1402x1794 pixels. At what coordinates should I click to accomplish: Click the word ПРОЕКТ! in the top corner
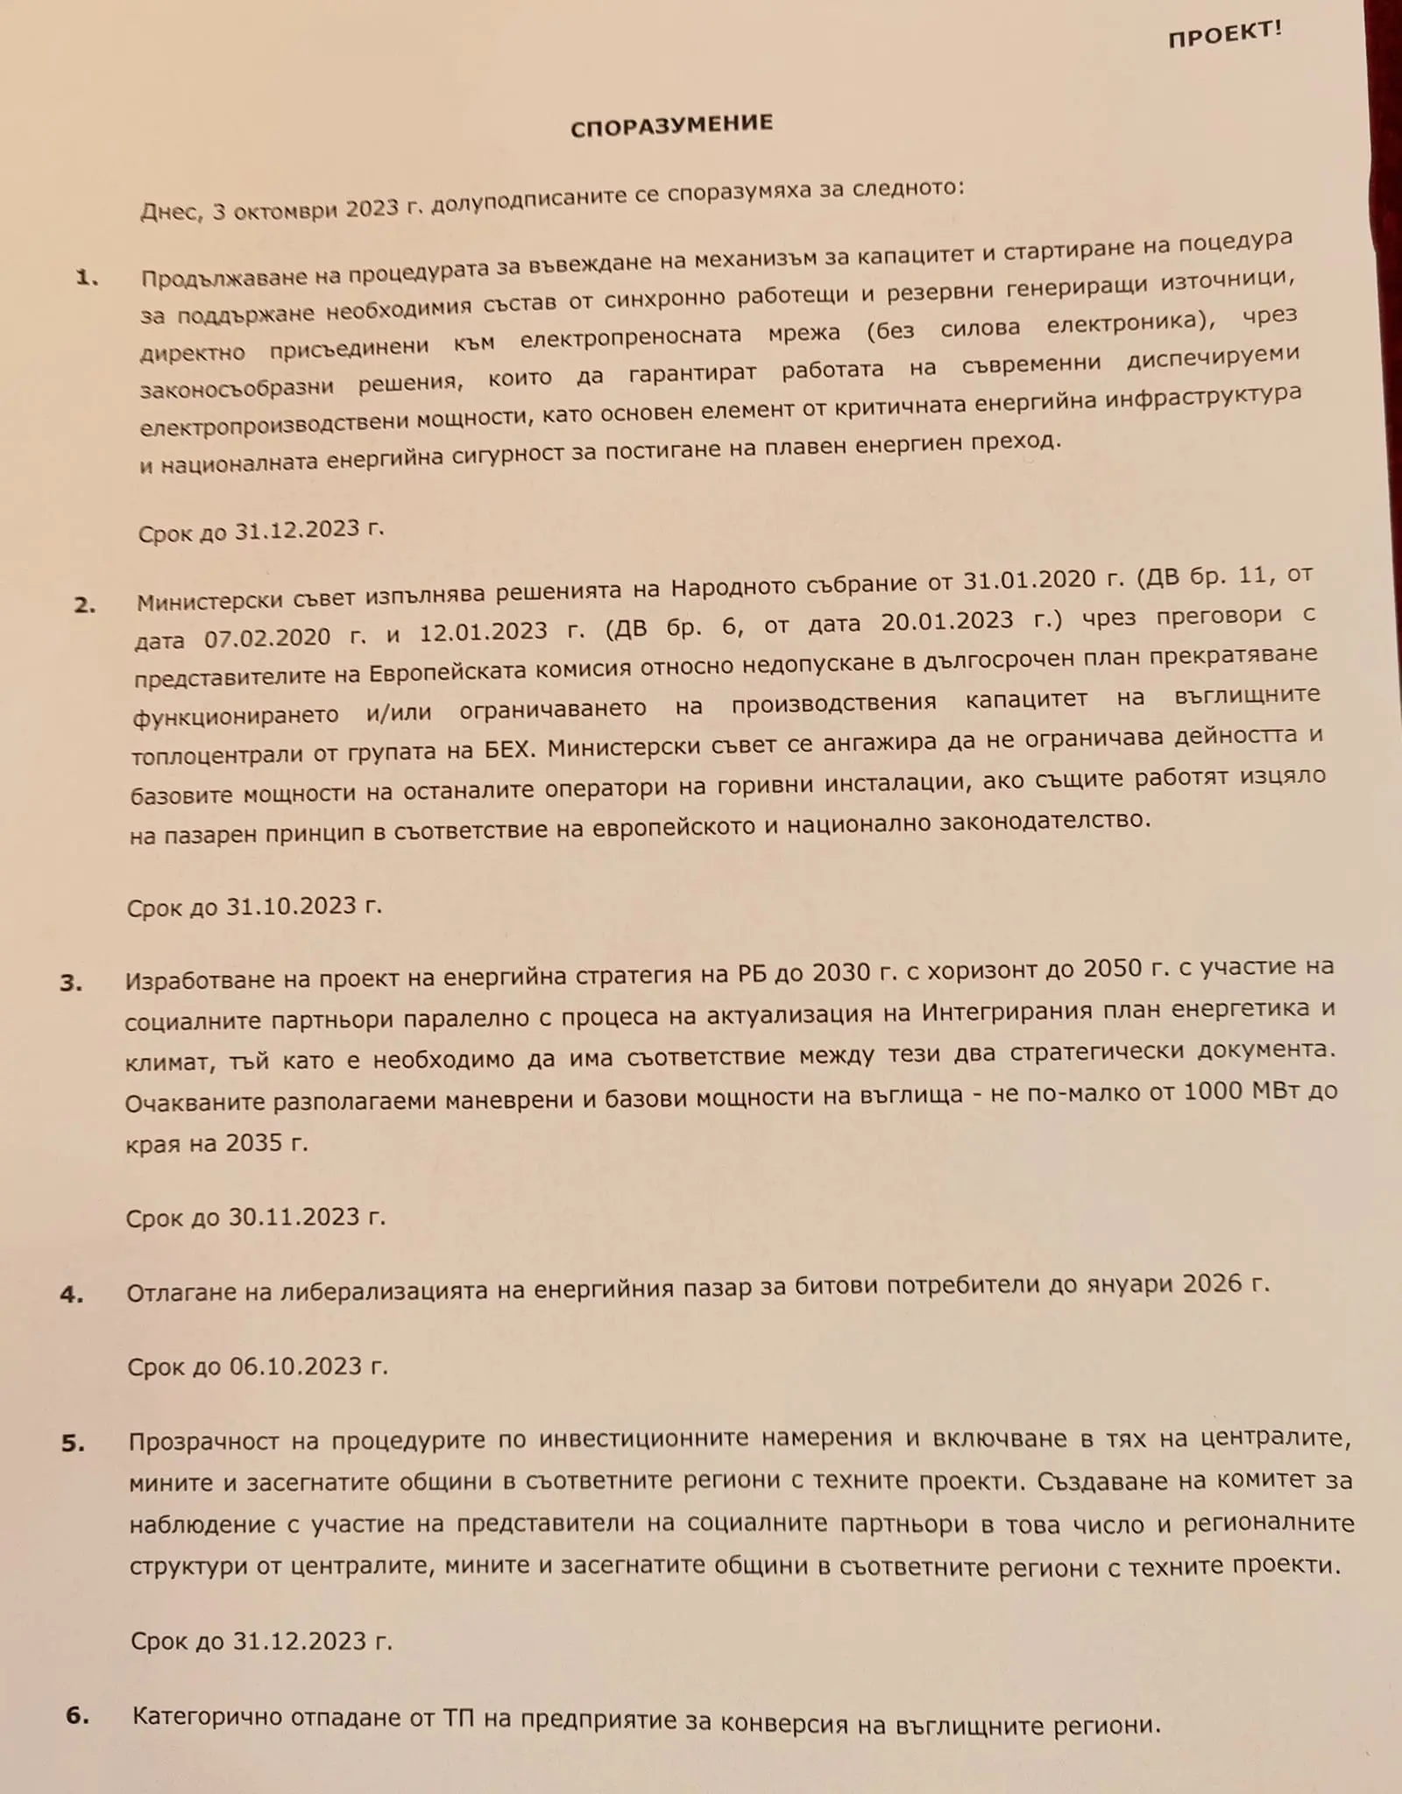coord(1224,34)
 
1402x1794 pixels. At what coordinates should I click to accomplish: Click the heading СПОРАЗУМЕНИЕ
coord(672,125)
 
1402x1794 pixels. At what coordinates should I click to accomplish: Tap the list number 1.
coord(87,279)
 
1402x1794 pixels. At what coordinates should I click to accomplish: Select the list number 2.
coord(85,604)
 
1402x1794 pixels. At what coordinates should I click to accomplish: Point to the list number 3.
coord(71,983)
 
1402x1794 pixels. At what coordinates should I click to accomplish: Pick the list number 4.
coord(72,1295)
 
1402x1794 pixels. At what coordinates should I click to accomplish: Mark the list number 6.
coord(77,1715)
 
